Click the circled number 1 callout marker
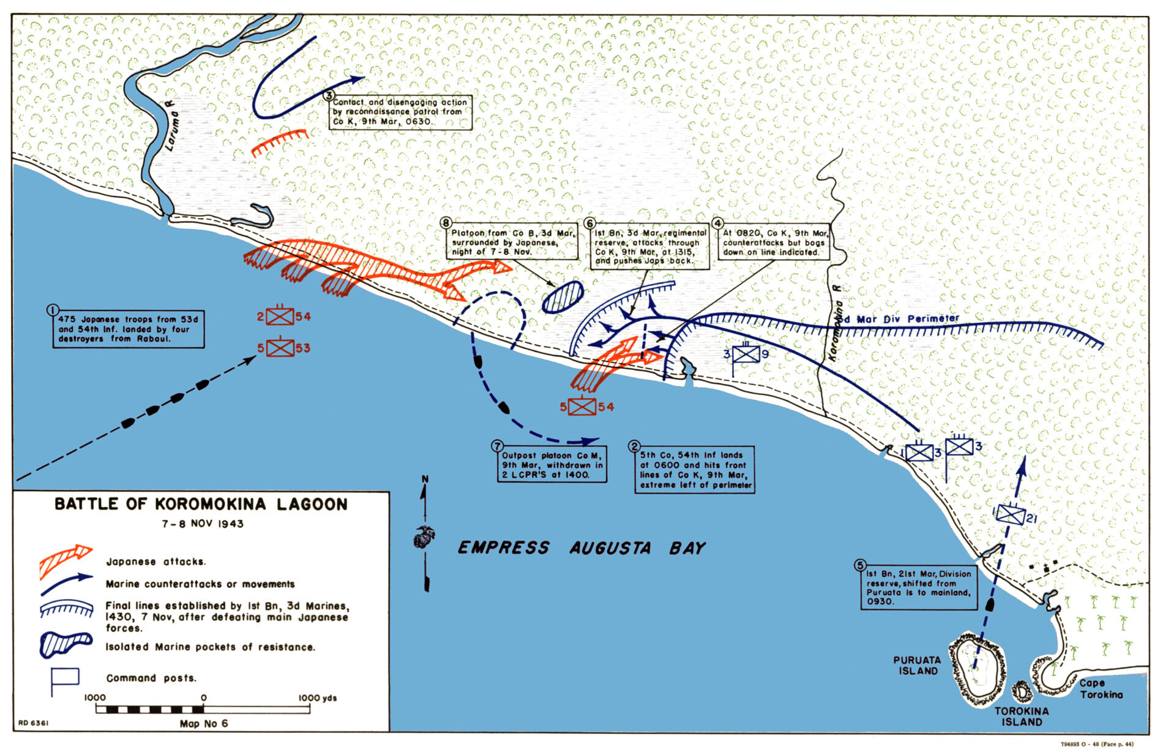pyautogui.click(x=53, y=310)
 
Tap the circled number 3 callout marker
pyautogui.click(x=329, y=95)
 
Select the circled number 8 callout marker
pyautogui.click(x=446, y=224)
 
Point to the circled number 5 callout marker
pyautogui.click(x=861, y=565)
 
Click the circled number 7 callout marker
pyautogui.click(x=497, y=446)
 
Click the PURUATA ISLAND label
pyautogui.click(x=916, y=666)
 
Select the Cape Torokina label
pyautogui.click(x=1100, y=688)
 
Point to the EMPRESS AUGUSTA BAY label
pyautogui.click(x=581, y=547)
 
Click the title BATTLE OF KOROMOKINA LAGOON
pyautogui.click(x=201, y=504)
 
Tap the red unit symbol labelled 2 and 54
pyautogui.click(x=280, y=316)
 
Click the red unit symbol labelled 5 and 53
pyautogui.click(x=280, y=348)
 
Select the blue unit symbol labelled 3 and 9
pyautogui.click(x=746, y=353)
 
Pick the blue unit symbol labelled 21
pyautogui.click(x=1010, y=514)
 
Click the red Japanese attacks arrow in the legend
pyautogui.click(x=65, y=559)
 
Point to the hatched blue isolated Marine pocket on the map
pyautogui.click(x=563, y=297)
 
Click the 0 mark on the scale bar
pyautogui.click(x=203, y=709)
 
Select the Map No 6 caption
pyautogui.click(x=203, y=724)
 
